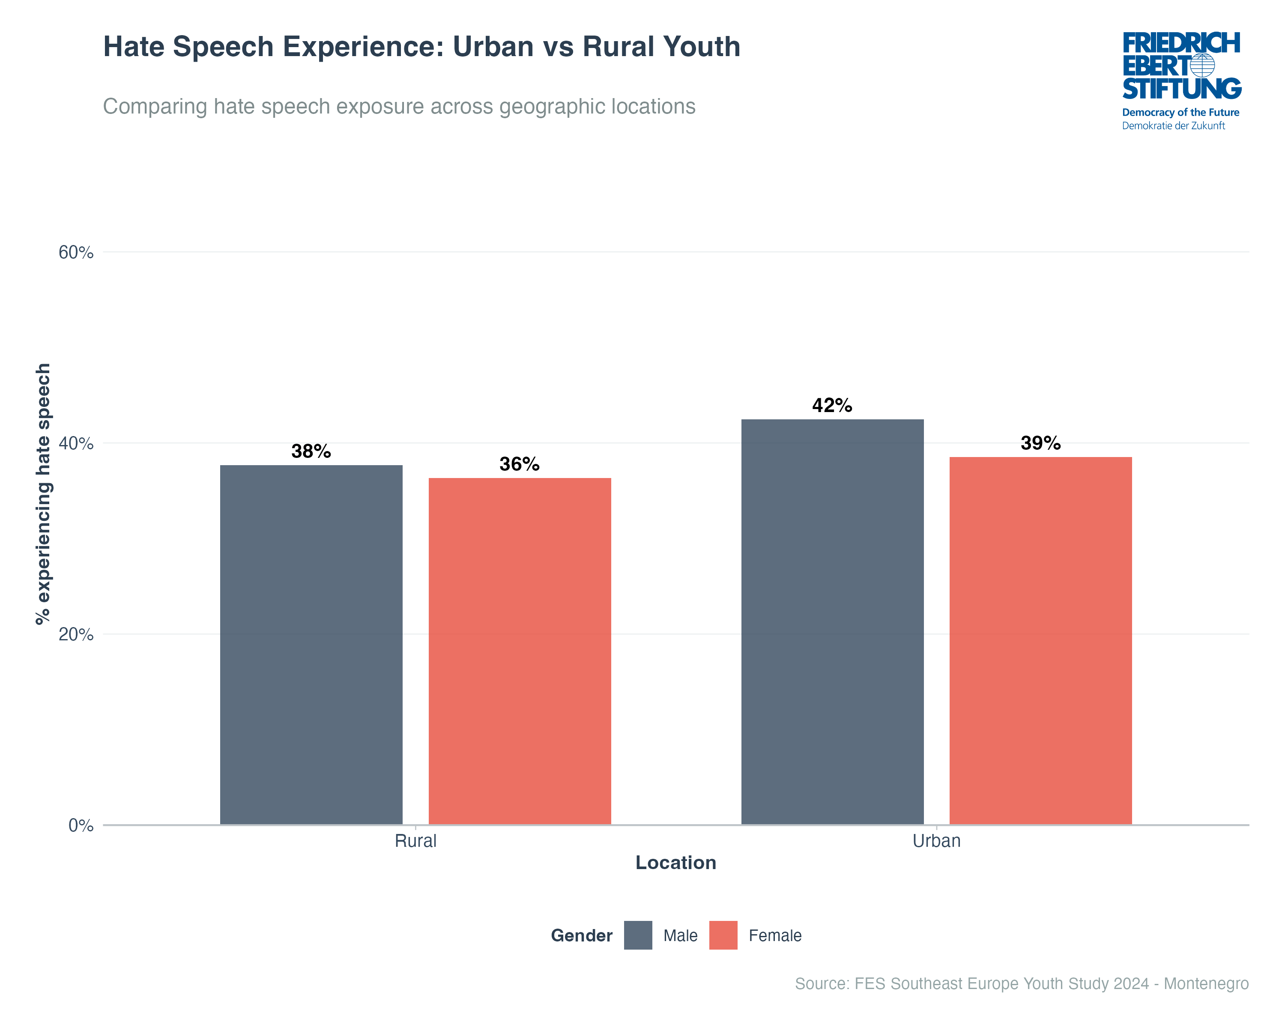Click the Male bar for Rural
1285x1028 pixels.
point(311,645)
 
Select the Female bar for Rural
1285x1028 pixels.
point(520,651)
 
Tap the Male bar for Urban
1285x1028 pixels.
point(832,622)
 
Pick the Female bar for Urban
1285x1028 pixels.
point(1040,641)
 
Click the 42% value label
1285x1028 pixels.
point(832,406)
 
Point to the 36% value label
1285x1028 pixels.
point(520,464)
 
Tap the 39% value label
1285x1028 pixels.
point(1040,443)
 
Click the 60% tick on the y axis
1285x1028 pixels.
point(76,253)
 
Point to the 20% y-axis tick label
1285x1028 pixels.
point(76,635)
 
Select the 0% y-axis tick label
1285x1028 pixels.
point(81,825)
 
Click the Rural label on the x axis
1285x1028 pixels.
point(415,841)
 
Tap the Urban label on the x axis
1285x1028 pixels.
point(936,841)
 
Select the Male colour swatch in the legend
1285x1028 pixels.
point(638,935)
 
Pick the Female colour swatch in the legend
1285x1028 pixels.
point(723,935)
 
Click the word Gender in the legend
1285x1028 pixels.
point(582,935)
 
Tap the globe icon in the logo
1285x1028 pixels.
point(1203,66)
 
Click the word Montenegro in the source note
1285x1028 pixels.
point(1206,983)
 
